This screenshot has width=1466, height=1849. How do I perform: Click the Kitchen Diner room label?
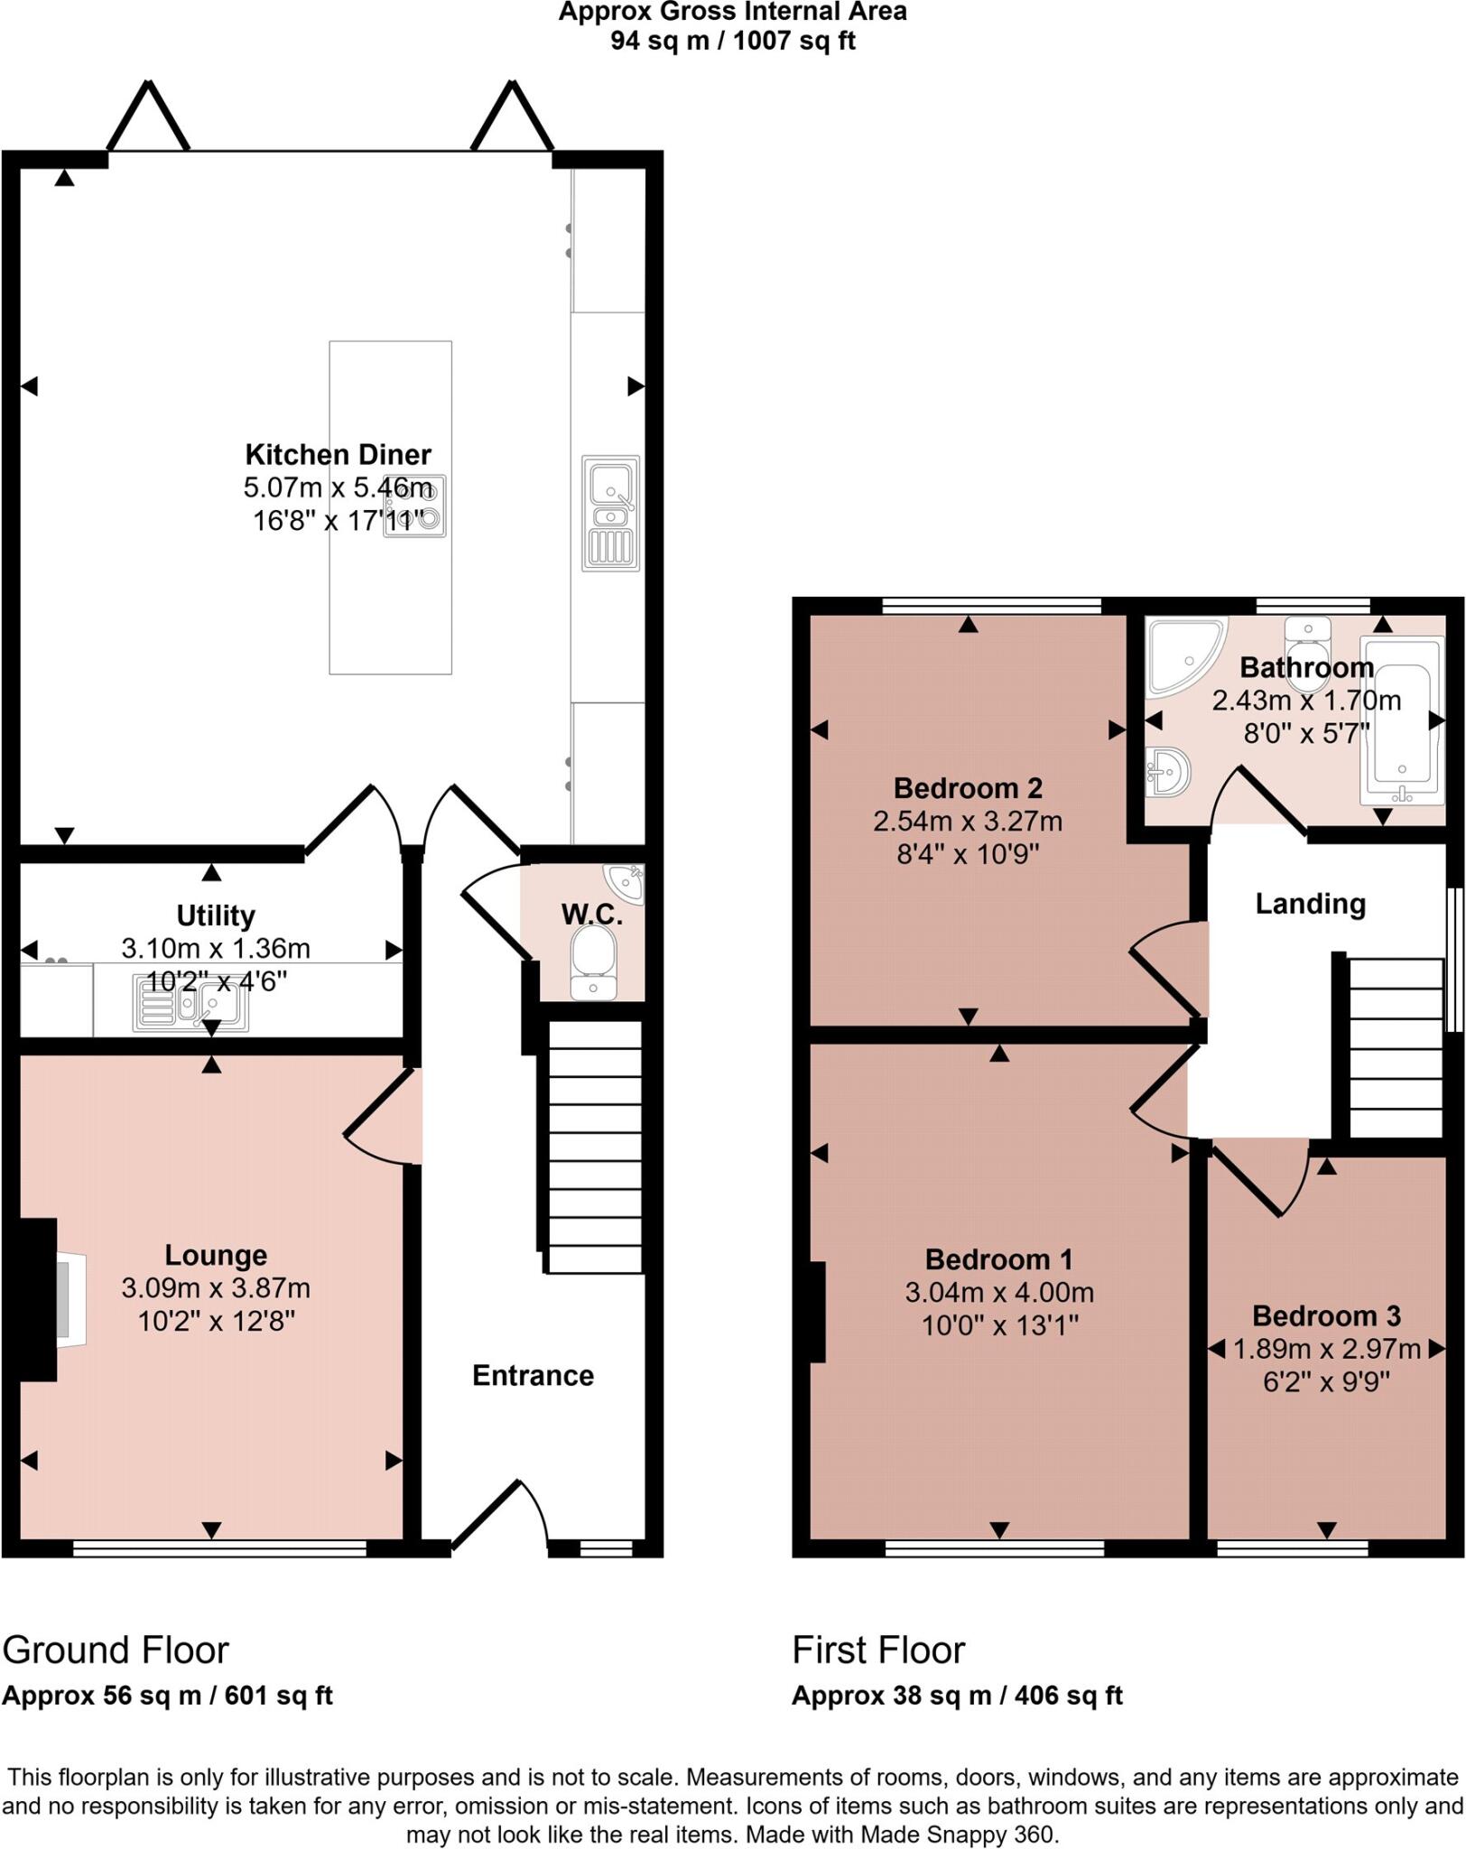[x=338, y=454]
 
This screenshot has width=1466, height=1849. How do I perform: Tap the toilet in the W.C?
[x=593, y=964]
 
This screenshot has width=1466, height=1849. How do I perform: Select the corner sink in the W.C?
[x=626, y=883]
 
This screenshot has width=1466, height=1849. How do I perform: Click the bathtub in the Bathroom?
[x=1401, y=722]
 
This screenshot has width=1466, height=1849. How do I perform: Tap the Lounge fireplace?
[x=63, y=1299]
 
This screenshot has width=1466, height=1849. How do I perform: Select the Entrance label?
[x=533, y=1376]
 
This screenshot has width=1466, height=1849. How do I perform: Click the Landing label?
[x=1310, y=904]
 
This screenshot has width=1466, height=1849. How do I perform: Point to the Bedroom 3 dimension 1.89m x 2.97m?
[x=1326, y=1349]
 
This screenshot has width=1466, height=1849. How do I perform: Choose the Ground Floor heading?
[x=116, y=1650]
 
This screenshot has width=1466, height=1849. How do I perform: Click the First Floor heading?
[x=878, y=1650]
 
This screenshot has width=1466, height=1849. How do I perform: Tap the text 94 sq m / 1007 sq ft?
[x=732, y=41]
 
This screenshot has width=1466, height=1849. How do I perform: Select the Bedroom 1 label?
[x=998, y=1259]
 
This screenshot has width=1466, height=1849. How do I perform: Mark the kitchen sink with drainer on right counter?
[x=611, y=513]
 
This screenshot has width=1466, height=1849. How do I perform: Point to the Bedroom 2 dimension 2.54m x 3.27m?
[x=967, y=822]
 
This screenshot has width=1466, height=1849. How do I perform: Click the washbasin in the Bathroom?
[x=1168, y=772]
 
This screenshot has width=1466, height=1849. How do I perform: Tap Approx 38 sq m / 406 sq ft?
[x=957, y=1696]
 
